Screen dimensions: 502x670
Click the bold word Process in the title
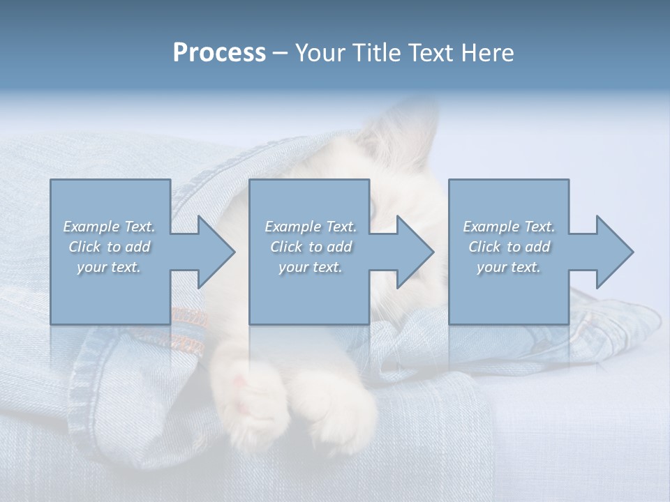tap(219, 53)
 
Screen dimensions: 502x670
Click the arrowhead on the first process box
tap(209, 252)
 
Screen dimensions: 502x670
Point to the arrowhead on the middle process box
tap(408, 252)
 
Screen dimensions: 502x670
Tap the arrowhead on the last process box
tap(608, 252)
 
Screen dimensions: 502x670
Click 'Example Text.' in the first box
tap(109, 227)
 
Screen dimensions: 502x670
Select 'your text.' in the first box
tap(109, 267)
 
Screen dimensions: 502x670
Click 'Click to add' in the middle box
tap(311, 247)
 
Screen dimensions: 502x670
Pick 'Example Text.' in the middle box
tap(311, 227)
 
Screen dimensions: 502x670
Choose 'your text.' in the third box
tap(509, 267)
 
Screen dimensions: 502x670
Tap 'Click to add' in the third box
tap(509, 247)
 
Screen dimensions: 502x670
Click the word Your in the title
tap(320, 53)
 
